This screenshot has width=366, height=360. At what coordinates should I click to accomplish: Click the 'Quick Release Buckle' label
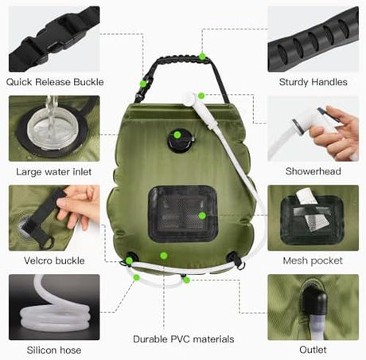tap(55, 82)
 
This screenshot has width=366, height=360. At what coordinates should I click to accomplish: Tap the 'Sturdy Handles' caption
tap(313, 82)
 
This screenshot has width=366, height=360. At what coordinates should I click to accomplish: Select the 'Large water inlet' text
tap(54, 172)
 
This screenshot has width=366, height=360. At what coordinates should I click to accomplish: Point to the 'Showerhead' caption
tap(313, 171)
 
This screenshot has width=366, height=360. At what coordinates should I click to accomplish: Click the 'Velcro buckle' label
tap(54, 260)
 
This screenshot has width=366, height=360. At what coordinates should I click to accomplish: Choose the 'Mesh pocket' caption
tap(313, 260)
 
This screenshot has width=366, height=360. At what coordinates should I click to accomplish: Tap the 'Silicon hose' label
tap(54, 350)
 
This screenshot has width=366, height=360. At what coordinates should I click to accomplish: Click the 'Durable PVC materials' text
tap(184, 339)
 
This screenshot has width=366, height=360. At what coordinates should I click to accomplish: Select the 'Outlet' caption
tap(313, 350)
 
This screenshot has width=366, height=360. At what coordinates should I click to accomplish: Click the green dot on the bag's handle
tap(202, 57)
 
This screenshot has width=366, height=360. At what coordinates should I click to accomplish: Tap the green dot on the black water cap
tap(177, 135)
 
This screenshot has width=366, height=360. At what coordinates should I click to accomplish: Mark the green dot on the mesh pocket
tap(202, 216)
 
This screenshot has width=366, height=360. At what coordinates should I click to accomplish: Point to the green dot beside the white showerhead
tap(201, 96)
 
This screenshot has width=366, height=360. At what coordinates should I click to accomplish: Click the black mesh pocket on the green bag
tap(183, 213)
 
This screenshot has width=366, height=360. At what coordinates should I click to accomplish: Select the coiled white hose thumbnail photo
tap(54, 307)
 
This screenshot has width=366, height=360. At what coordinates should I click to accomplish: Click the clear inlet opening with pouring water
tap(53, 128)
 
